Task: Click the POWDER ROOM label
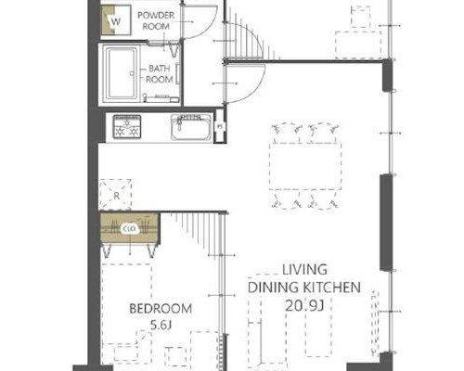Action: tap(156, 20)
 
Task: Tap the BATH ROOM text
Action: tap(160, 74)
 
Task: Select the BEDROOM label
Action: tap(161, 309)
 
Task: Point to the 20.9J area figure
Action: tap(304, 306)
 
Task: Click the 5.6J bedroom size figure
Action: tap(161, 325)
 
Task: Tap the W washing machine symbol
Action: tap(116, 21)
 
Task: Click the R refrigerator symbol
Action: tap(115, 195)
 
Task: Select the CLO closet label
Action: tap(129, 229)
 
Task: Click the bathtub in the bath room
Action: tap(121, 74)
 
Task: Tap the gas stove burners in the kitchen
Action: tap(127, 126)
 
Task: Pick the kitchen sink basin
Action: tap(191, 127)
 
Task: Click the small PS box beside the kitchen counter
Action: tap(220, 126)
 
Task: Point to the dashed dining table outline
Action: tap(305, 166)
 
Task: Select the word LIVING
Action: tap(304, 270)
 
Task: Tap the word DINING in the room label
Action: tap(273, 288)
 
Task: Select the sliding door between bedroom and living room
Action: tap(221, 290)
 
